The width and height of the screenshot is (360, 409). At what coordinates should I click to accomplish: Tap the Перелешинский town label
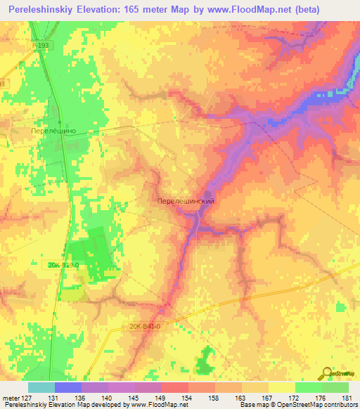click(184, 200)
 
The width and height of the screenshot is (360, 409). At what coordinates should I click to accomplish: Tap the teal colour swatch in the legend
click(41, 387)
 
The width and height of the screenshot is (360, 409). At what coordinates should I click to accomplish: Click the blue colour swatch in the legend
click(68, 387)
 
